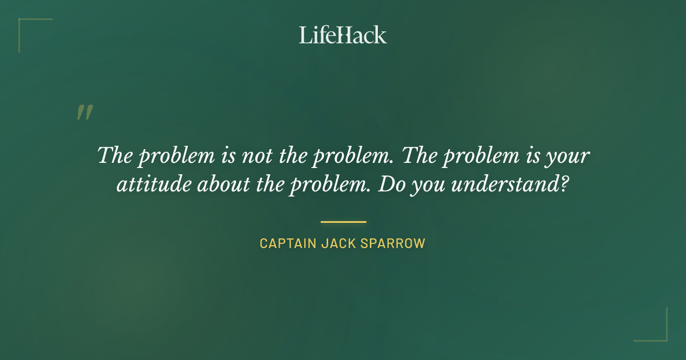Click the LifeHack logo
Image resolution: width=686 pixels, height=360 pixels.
click(x=343, y=35)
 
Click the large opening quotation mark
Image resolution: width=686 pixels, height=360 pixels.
click(x=85, y=113)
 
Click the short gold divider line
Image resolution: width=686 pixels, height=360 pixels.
click(x=343, y=222)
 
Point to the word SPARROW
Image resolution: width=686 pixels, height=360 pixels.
click(x=394, y=243)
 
